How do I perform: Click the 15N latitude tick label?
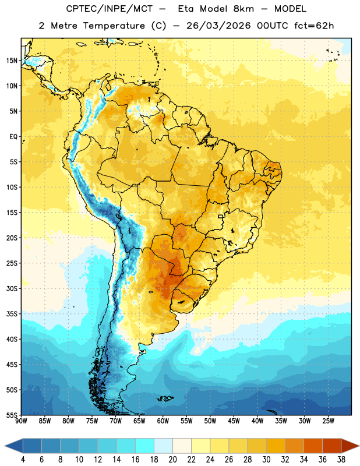12,61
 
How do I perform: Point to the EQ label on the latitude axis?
13,137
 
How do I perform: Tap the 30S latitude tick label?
12,288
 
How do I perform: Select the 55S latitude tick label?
12,415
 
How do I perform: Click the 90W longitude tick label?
21,421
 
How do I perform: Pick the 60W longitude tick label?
163,421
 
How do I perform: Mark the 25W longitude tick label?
328,421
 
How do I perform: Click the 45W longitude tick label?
234,421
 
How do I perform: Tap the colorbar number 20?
172,460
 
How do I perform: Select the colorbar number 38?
341,460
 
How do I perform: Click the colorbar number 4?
23,460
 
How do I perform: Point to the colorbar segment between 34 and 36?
313,446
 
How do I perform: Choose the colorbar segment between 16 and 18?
144,446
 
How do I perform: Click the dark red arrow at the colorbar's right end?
350,446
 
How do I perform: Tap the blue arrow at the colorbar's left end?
13,446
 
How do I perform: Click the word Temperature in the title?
114,26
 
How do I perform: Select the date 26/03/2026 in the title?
218,26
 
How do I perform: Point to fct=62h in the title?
314,26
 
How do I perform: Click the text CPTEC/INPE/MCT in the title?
110,9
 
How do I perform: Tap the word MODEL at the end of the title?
290,9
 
